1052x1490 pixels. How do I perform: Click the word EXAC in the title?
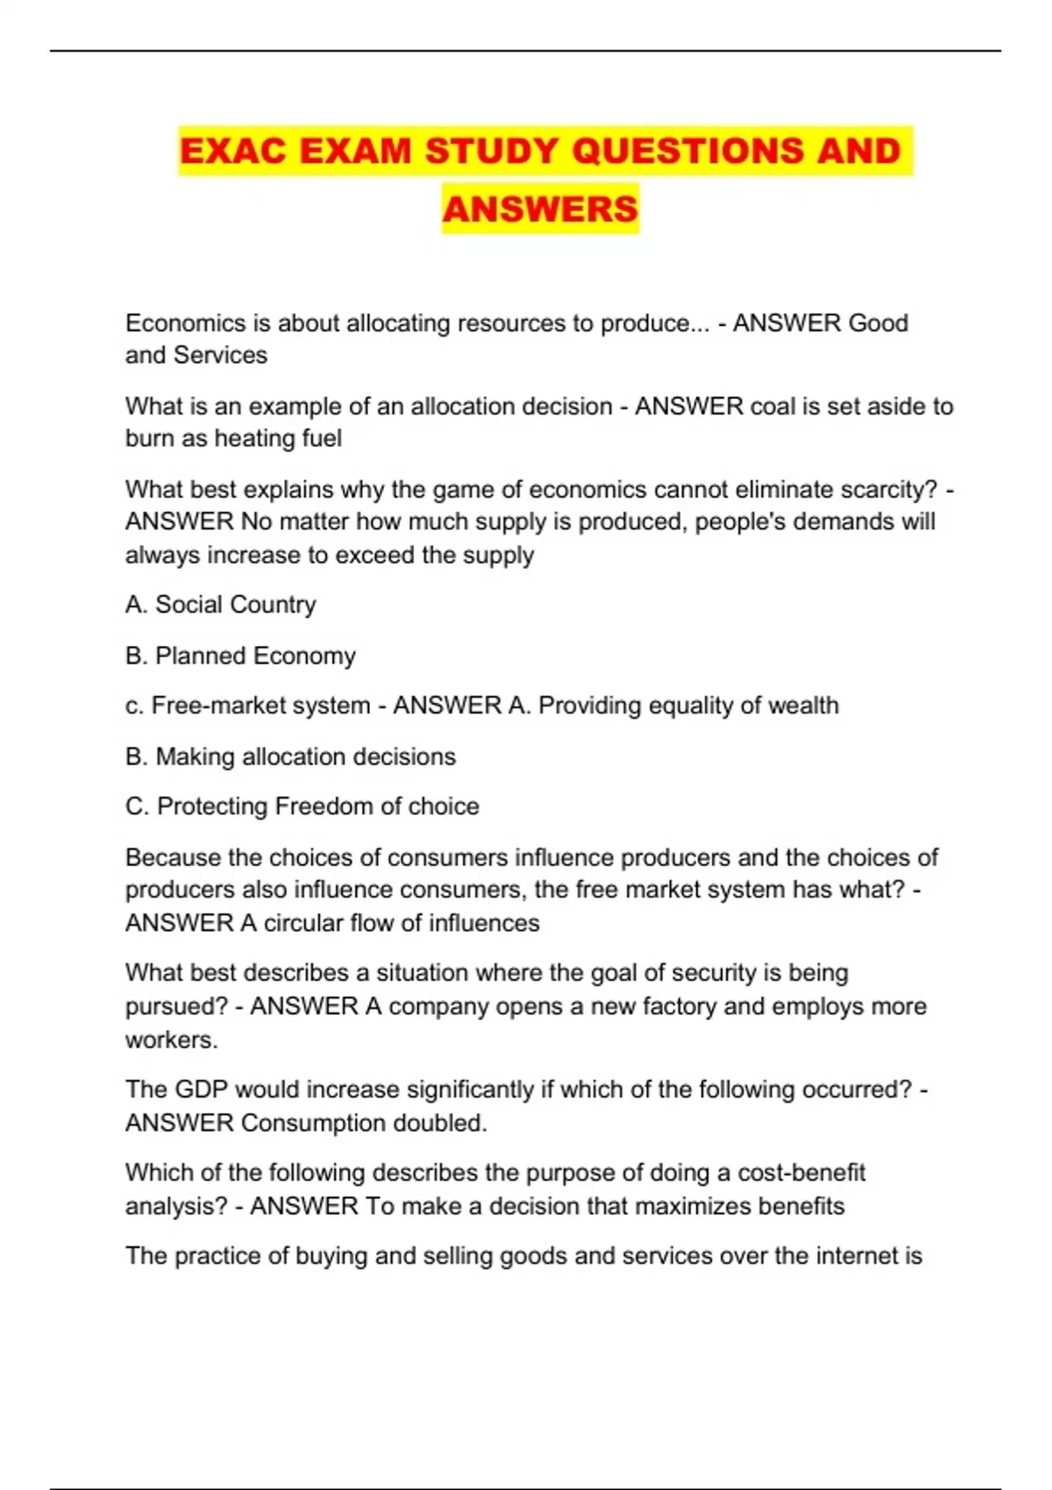coord(233,151)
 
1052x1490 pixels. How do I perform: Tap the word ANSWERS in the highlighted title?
coord(540,209)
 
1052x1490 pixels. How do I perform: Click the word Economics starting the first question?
coord(185,323)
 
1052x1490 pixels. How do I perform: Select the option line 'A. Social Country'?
coord(221,605)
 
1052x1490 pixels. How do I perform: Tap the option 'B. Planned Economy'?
coord(240,656)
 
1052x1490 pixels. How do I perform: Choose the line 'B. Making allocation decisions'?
coord(290,756)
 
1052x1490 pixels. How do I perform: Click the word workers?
coord(171,1039)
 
